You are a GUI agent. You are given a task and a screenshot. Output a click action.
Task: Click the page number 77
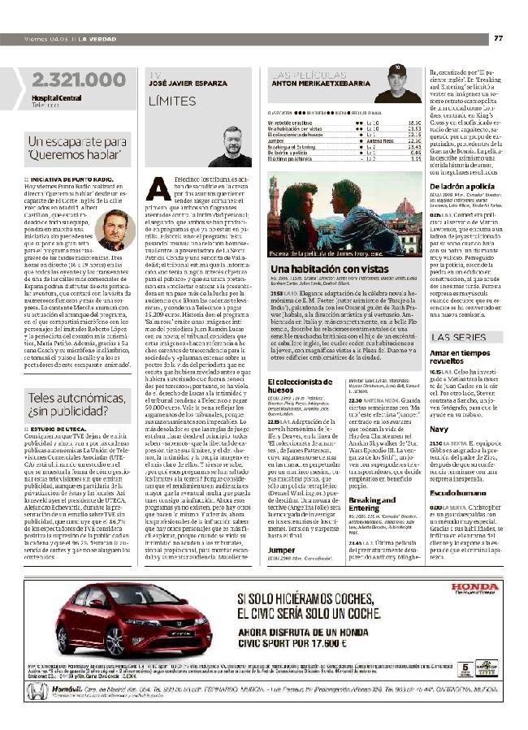pyautogui.click(x=498, y=38)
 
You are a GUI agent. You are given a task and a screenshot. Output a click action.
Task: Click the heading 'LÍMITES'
pyautogui.click(x=172, y=102)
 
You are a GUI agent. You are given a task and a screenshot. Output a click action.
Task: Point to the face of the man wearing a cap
pyautogui.click(x=398, y=81)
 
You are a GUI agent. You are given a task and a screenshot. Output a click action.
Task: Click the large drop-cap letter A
pyautogui.click(x=162, y=188)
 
